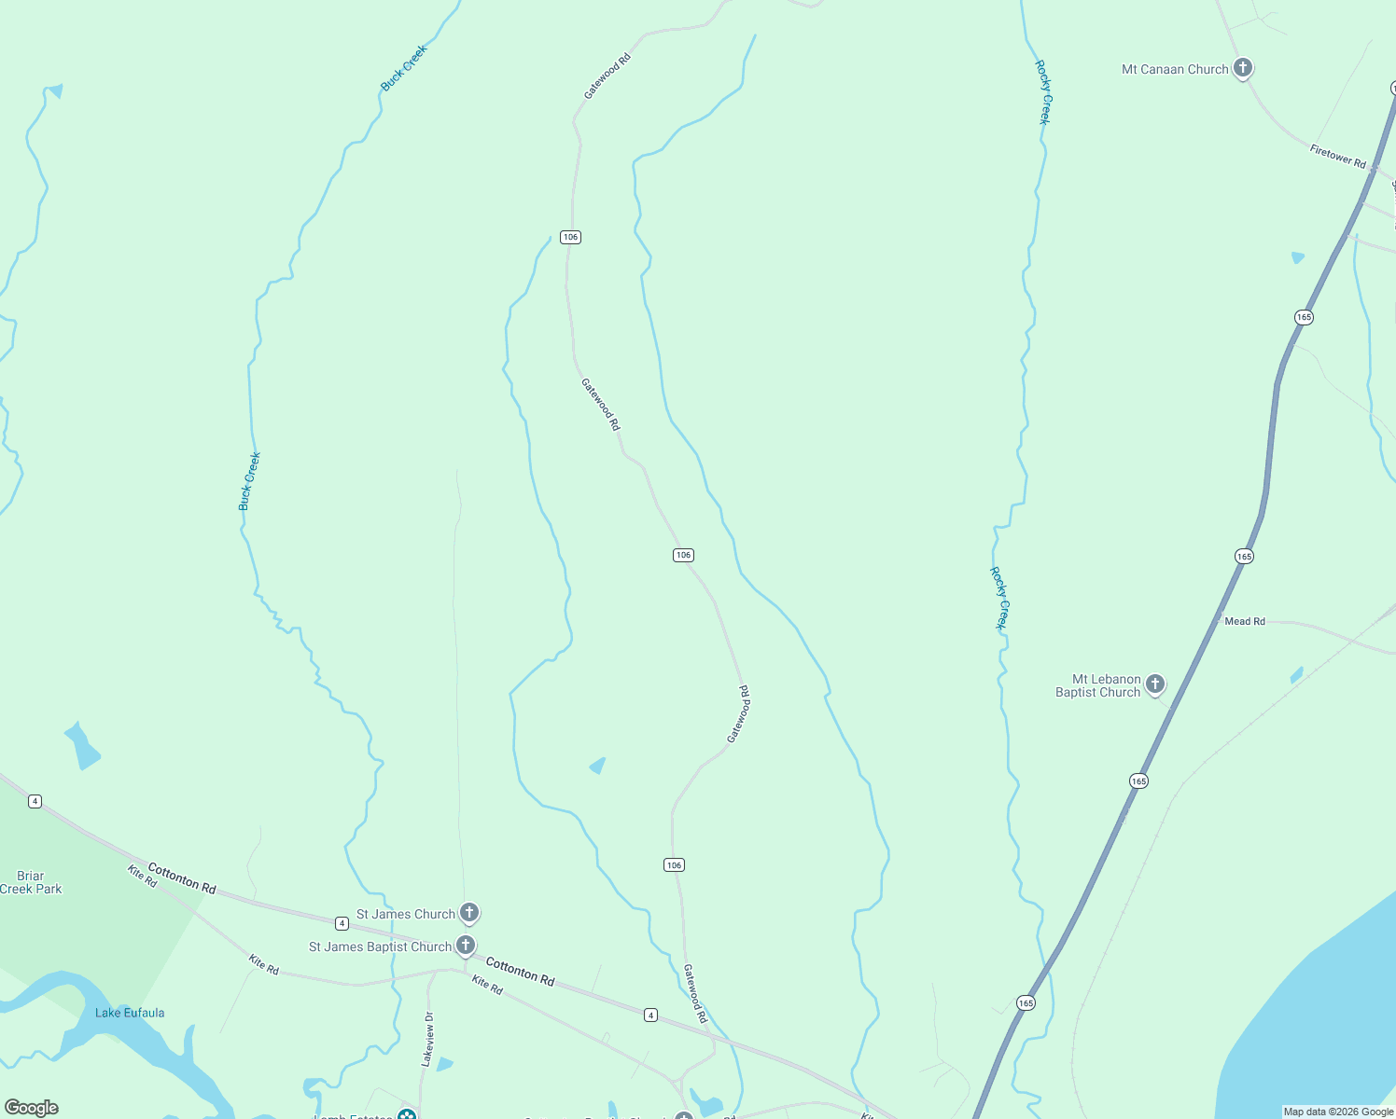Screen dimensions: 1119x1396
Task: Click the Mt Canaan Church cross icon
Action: click(x=1242, y=67)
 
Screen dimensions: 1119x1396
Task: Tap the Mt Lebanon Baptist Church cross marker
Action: click(x=1155, y=684)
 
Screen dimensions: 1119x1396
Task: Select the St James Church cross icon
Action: click(x=469, y=912)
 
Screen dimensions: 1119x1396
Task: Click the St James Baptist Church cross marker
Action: click(x=466, y=945)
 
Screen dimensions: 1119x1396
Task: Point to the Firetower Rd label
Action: click(x=1337, y=156)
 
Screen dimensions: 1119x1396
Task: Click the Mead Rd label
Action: click(x=1244, y=621)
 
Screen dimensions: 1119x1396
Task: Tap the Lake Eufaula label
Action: click(x=130, y=1013)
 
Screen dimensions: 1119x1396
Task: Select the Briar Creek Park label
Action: click(x=31, y=882)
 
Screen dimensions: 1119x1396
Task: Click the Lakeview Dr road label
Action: click(x=427, y=1039)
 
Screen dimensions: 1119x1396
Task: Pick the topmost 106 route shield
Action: click(x=570, y=237)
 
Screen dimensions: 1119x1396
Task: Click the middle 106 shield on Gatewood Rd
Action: click(x=683, y=555)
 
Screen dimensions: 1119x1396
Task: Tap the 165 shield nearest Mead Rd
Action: click(x=1244, y=556)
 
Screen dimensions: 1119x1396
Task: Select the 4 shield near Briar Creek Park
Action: click(x=35, y=801)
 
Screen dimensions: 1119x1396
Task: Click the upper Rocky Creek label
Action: click(x=1043, y=92)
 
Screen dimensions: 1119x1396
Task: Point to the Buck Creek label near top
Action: click(x=403, y=67)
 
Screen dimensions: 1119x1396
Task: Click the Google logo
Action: click(x=31, y=1107)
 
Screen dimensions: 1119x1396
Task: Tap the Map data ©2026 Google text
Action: click(x=1337, y=1112)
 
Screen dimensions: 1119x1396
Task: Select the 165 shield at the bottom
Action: click(x=1026, y=1003)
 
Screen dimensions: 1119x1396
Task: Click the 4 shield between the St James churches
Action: click(x=342, y=923)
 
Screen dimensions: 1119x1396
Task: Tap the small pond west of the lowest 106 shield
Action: click(x=597, y=767)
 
